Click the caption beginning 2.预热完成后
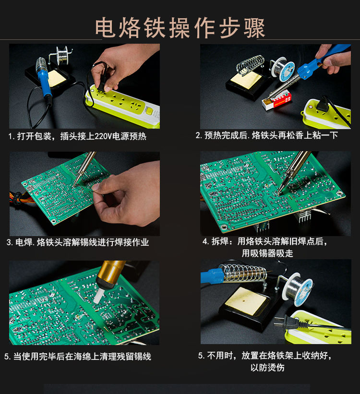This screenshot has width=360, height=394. click(266, 135)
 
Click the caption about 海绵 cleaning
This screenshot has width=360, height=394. click(78, 357)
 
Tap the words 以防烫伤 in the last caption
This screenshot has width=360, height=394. click(267, 368)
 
